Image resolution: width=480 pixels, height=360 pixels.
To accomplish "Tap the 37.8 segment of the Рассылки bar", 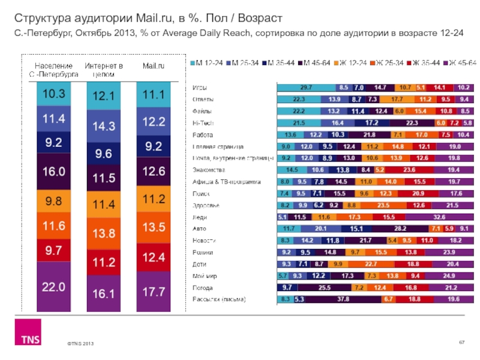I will click(343, 299).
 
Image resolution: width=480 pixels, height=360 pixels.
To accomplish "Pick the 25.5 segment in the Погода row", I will click(325, 287).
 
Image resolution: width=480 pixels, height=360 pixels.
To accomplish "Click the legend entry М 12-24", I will click(205, 62).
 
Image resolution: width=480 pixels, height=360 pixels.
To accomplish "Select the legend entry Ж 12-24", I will click(352, 62).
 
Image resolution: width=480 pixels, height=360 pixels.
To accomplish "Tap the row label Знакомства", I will click(207, 170).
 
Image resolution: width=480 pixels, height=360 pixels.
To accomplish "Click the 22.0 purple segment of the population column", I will click(53, 287).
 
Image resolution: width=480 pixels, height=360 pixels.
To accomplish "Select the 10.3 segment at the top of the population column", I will click(53, 94).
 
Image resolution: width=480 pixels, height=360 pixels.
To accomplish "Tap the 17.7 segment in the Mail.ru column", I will click(153, 292).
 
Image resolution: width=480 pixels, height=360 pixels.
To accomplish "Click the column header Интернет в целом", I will click(103, 70).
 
